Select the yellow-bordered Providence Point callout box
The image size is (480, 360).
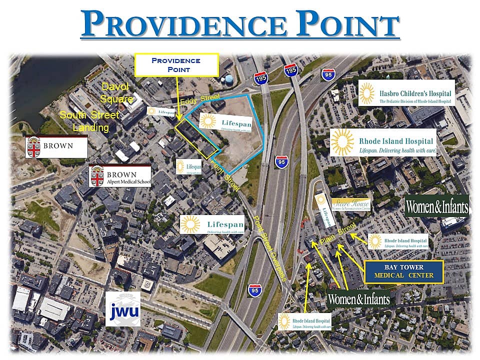(x=176, y=64)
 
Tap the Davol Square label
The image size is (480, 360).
(x=116, y=91)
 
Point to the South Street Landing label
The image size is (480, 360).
(x=89, y=121)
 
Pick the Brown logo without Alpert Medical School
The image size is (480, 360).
(x=56, y=146)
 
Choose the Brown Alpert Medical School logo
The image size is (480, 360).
(x=120, y=175)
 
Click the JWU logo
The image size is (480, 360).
(x=122, y=308)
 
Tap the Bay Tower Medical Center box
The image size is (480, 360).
(x=404, y=271)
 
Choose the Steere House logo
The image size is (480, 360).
(x=351, y=204)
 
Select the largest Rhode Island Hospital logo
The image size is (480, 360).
(x=383, y=142)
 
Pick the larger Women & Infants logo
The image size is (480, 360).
(x=436, y=205)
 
